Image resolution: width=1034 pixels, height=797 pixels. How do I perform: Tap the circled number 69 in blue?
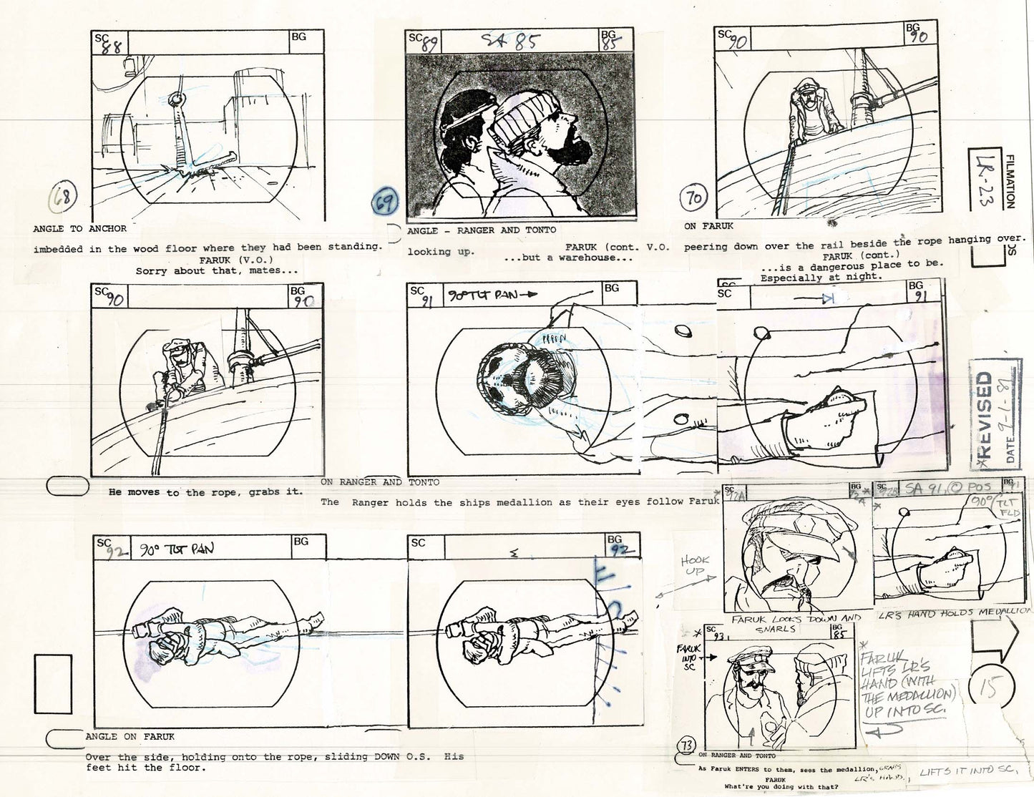(x=385, y=204)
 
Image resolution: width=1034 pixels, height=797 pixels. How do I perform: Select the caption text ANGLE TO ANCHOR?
(x=79, y=229)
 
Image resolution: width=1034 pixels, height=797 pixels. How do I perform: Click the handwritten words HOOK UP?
(x=695, y=567)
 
